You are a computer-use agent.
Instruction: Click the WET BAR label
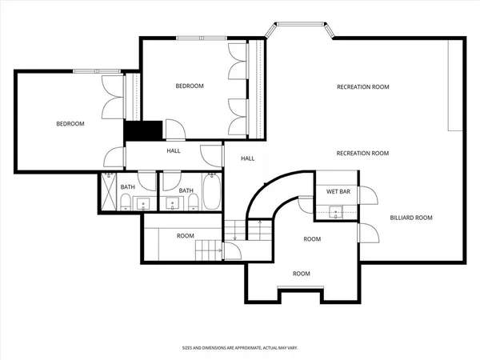(335, 191)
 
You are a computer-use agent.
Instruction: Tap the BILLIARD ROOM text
(410, 218)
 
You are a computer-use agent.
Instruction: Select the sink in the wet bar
(336, 211)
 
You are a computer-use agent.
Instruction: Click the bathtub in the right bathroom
(211, 192)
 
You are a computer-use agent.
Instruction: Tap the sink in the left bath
(145, 202)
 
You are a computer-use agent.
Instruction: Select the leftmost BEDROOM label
(70, 124)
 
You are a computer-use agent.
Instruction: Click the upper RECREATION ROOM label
(362, 86)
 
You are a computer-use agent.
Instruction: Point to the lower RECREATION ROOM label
(362, 153)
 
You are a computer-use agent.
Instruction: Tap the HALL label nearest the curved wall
(248, 158)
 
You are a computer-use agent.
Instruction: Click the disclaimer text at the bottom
(239, 348)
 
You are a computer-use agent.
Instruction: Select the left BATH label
(128, 188)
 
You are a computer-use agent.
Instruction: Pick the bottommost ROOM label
(301, 274)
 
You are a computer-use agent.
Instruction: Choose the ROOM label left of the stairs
(186, 236)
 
